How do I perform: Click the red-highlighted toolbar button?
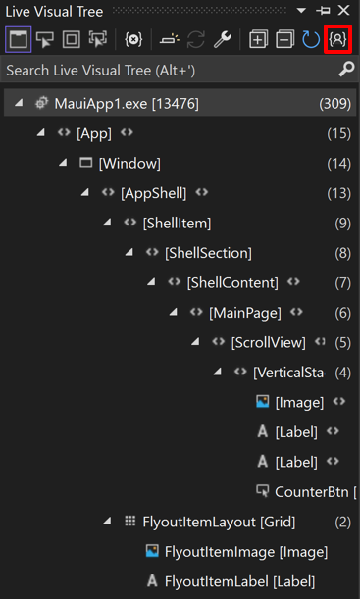click(x=338, y=40)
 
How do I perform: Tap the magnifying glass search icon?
click(x=346, y=71)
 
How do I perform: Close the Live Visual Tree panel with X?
click(x=343, y=11)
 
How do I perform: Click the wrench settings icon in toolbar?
click(x=222, y=40)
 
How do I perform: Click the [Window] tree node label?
click(x=129, y=163)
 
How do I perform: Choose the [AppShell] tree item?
click(x=153, y=193)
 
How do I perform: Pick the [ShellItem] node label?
click(x=177, y=223)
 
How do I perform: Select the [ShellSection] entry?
click(x=208, y=253)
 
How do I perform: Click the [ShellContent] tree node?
click(x=232, y=282)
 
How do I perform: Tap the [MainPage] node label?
click(x=245, y=313)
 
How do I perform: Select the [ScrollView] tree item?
click(x=268, y=342)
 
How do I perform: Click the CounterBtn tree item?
click(x=311, y=491)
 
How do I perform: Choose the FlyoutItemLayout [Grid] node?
click(x=219, y=522)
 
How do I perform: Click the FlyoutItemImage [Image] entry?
click(x=246, y=552)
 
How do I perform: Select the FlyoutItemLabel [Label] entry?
click(x=240, y=581)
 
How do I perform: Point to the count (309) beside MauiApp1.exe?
click(x=334, y=103)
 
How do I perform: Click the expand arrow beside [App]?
click(x=40, y=133)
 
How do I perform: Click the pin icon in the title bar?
click(x=325, y=11)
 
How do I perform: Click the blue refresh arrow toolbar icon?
click(x=311, y=40)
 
